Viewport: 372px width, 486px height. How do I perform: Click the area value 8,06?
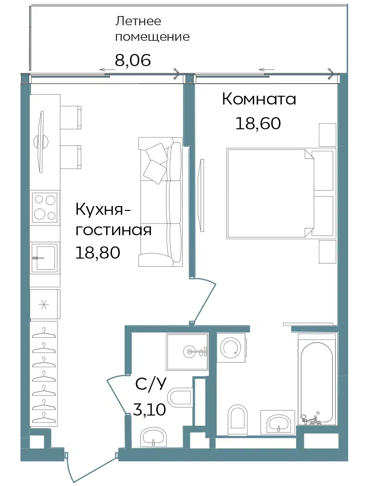coord(133,60)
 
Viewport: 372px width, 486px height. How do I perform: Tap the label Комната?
coord(259,99)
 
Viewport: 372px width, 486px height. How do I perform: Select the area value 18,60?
coord(258,123)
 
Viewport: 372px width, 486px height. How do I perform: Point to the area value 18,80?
coord(98,253)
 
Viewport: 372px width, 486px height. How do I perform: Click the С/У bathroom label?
coord(151,385)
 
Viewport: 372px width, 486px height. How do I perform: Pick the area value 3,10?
coord(149,410)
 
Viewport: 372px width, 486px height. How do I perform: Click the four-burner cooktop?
coord(45,207)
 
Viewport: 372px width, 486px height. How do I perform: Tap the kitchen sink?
coord(45,258)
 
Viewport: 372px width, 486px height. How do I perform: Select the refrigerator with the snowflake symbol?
coord(45,304)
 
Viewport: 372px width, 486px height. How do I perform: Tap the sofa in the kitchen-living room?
coord(160,202)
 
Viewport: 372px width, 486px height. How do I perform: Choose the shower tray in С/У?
coord(187,352)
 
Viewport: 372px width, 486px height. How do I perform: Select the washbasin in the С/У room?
coord(153,437)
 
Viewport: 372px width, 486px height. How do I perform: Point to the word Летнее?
coord(138,21)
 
